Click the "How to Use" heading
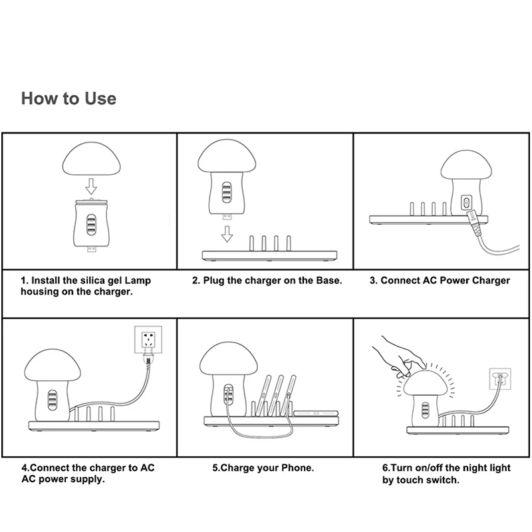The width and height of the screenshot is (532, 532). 68,98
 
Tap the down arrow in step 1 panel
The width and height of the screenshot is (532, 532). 91,187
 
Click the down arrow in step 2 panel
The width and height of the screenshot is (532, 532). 227,234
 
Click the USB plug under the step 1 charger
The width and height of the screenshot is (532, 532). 91,249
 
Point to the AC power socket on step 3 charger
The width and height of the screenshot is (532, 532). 467,203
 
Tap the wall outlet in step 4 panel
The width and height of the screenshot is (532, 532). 148,340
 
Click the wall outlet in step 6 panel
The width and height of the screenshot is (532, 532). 500,379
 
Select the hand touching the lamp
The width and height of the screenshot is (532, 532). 400,358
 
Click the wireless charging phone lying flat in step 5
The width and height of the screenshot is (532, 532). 316,413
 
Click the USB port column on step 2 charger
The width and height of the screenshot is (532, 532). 227,192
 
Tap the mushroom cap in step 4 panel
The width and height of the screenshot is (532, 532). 53,365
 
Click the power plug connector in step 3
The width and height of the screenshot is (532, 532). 474,223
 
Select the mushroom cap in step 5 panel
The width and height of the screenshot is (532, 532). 228,358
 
